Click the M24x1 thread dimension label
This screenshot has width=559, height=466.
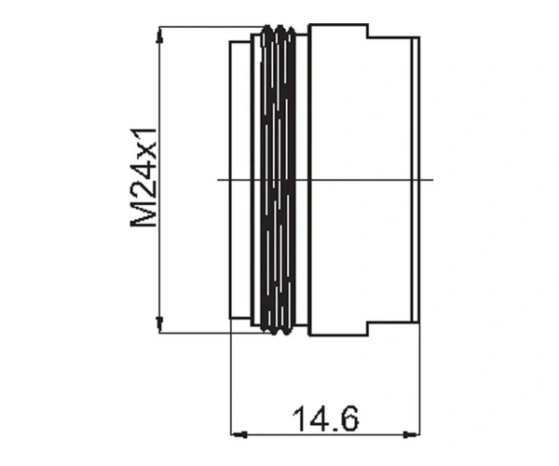(x=143, y=178)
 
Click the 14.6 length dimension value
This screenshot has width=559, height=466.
(x=325, y=418)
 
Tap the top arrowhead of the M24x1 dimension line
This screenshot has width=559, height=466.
(x=160, y=36)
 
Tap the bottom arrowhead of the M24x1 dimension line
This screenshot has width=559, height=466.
(x=160, y=324)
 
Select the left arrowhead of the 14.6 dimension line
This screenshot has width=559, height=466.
(x=239, y=434)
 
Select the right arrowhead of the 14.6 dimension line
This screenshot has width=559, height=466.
(x=411, y=434)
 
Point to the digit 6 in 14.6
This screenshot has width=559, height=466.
(x=348, y=418)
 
